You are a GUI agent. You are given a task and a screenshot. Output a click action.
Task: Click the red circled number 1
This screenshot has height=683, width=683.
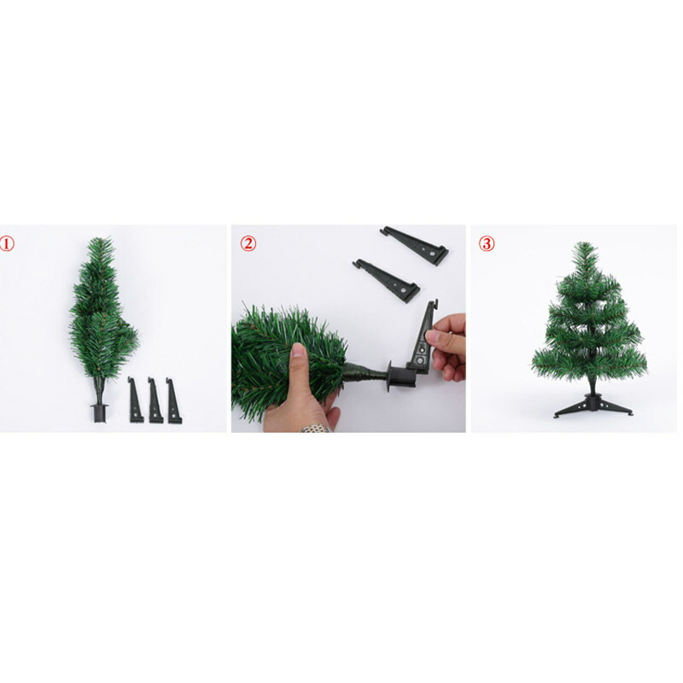pos(7,243)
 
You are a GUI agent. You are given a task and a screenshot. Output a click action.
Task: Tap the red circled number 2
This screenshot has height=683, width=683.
pos(248,243)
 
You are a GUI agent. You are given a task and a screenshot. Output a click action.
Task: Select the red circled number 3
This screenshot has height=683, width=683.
pos(487,243)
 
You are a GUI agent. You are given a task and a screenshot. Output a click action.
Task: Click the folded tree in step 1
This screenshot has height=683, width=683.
pos(102,313)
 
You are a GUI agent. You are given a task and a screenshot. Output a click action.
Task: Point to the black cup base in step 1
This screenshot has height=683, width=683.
pos(99,413)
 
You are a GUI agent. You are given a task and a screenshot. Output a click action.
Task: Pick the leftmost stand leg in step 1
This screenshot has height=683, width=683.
pos(135,400)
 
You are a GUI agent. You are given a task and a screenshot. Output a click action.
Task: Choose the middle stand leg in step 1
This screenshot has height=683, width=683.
pos(155,400)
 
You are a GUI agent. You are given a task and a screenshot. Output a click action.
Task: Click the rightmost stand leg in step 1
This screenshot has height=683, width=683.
pos(173,400)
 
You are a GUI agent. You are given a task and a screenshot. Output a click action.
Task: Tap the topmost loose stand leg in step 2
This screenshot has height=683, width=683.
pos(415,245)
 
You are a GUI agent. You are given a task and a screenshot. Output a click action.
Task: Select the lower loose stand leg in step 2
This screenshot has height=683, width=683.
pos(387,280)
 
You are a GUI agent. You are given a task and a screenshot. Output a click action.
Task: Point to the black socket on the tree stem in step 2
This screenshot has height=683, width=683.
pos(401,377)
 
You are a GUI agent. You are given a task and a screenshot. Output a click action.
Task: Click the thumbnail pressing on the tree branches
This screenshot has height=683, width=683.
pos(299,349)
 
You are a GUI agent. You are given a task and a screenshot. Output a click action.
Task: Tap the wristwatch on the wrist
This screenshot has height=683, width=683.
pos(314,429)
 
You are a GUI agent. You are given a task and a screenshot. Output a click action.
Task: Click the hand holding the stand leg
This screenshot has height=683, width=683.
pos(447,347)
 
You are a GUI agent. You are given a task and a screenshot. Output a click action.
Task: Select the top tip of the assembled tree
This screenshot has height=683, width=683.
pos(585,243)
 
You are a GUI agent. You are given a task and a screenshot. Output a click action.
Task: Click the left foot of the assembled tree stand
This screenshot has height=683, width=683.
pos(557,415)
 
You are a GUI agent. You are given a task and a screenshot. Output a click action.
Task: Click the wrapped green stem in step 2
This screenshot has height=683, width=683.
pos(365,373)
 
